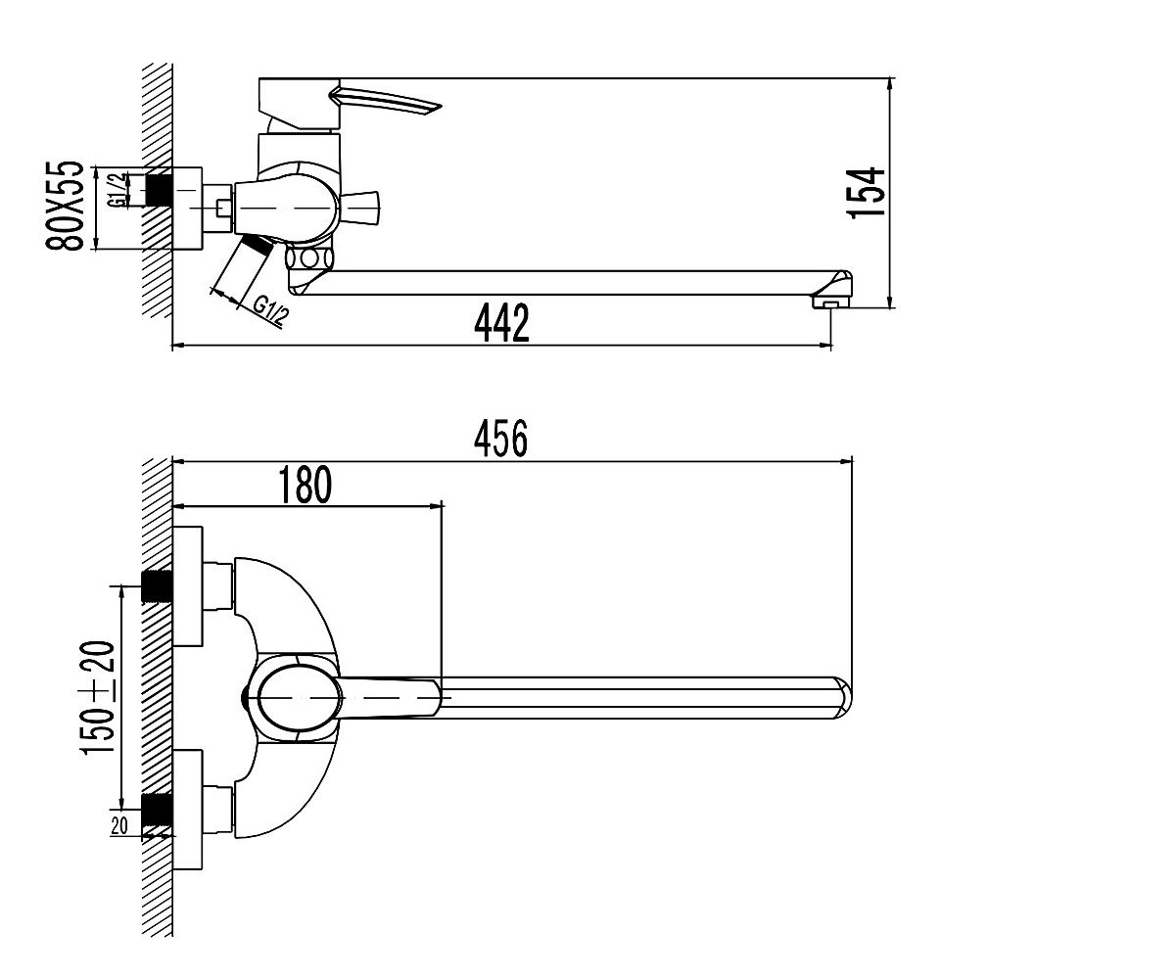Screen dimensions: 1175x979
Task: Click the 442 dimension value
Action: point(502,322)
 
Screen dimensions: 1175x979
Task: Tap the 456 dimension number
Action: point(500,439)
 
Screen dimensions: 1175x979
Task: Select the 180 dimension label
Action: point(305,484)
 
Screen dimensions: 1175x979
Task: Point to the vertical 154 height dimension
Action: point(866,192)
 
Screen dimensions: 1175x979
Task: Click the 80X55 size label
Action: point(65,206)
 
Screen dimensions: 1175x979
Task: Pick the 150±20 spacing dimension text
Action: point(97,698)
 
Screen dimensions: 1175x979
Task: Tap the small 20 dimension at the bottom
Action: point(119,825)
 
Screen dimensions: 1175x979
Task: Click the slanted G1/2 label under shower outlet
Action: point(270,310)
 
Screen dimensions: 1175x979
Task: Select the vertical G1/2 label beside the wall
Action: point(117,191)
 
